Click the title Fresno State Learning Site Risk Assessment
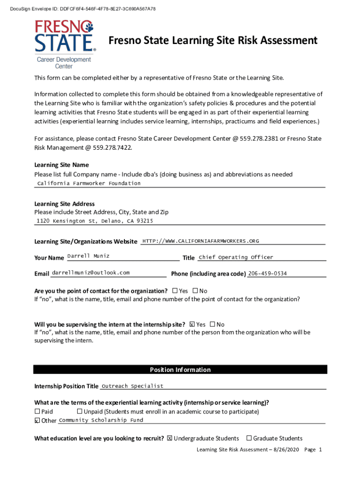pos(213,41)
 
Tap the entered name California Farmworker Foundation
pos(89,183)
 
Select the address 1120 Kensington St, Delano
pos(95,221)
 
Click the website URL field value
pos(201,241)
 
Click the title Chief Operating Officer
pos(236,257)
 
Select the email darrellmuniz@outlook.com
pos(91,272)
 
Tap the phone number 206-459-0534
pos(267,274)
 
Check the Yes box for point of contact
pos(175,291)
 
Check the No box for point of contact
pos(195,291)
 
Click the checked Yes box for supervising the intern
pos(192,324)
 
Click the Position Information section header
pos(180,370)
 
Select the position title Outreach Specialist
pos(133,386)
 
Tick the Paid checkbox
pos(37,412)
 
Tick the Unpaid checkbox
pos(79,412)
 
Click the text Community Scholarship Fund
pos(101,420)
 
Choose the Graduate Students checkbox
pos(249,438)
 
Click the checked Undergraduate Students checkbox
pos(170,438)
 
